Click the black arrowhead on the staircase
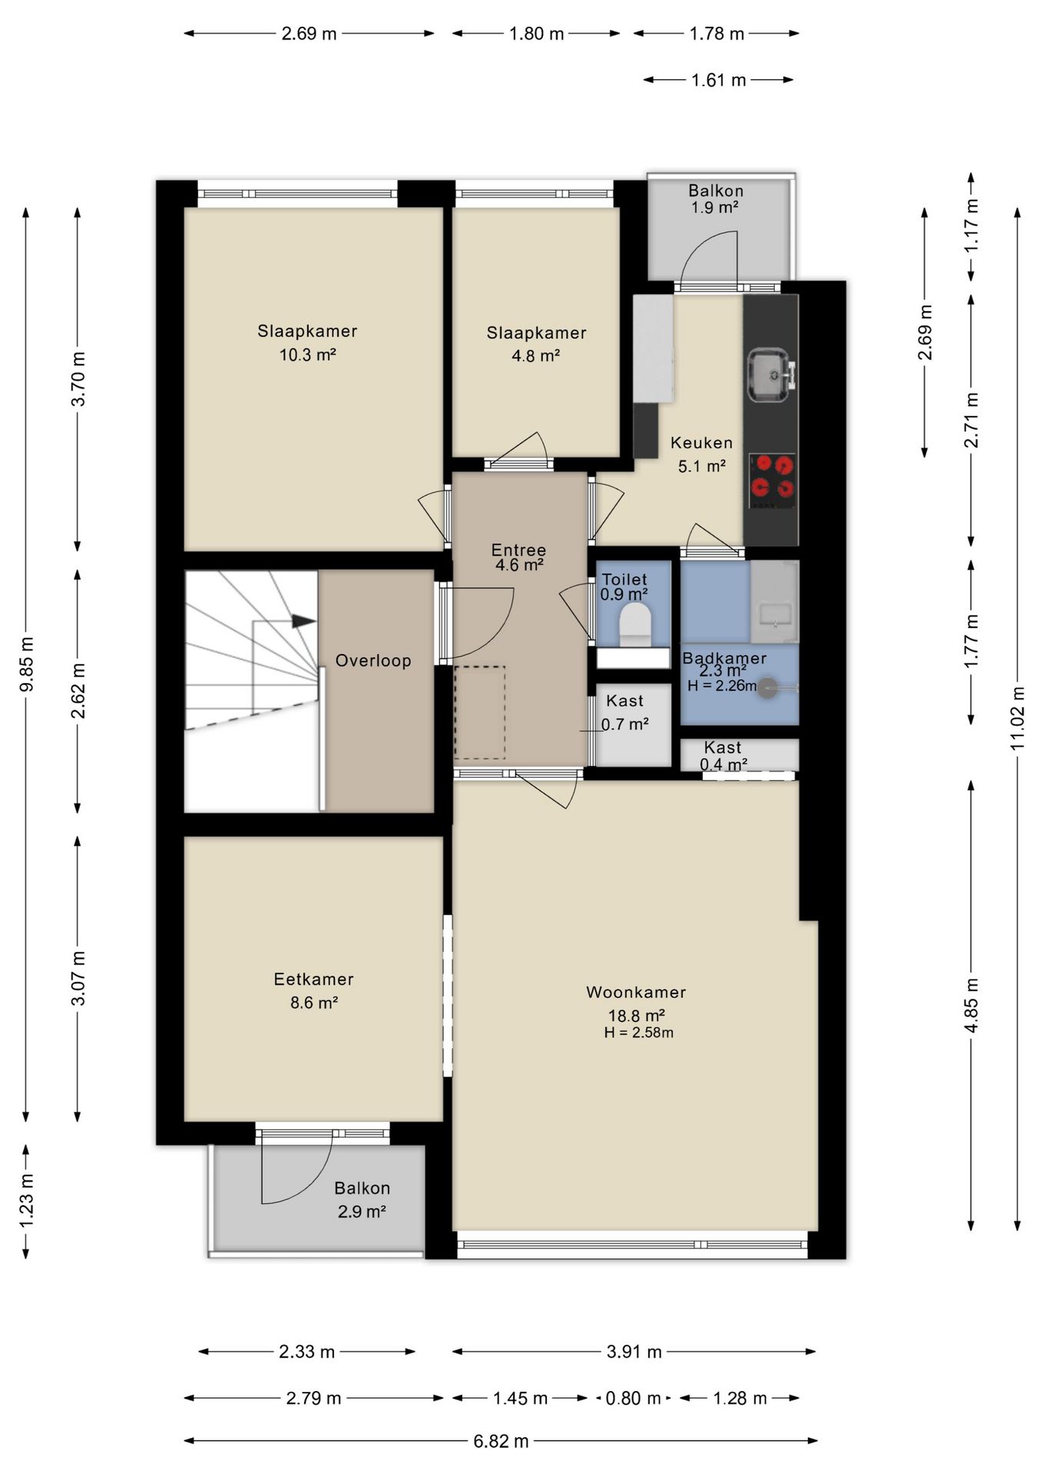click(304, 621)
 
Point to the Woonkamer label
click(636, 992)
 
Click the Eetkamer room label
click(313, 979)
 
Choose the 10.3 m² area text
click(307, 355)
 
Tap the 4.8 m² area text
click(535, 355)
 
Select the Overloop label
click(373, 660)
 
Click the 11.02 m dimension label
click(1017, 718)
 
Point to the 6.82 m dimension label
click(501, 1441)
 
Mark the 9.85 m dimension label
click(26, 664)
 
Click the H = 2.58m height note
click(638, 1033)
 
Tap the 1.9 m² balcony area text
click(714, 207)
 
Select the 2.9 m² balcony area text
click(361, 1211)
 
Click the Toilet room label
click(624, 580)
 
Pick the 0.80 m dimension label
click(633, 1398)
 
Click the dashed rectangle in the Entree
click(480, 712)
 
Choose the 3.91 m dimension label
click(634, 1351)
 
